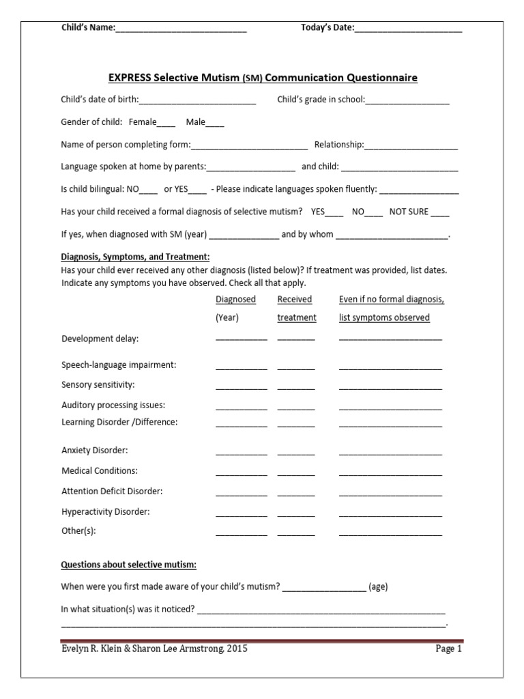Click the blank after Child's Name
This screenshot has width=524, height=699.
click(x=181, y=29)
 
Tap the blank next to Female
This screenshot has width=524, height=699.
click(x=166, y=124)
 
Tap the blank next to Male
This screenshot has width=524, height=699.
click(x=214, y=124)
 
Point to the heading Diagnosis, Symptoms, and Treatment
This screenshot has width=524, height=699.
click(x=135, y=257)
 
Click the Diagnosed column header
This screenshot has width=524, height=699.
click(x=235, y=299)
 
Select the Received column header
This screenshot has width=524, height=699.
click(x=295, y=299)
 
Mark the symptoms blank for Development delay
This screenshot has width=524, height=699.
click(x=390, y=339)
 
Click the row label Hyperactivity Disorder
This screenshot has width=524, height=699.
click(x=106, y=511)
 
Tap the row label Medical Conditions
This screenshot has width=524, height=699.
click(x=100, y=470)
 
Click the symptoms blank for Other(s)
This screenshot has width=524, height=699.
click(x=390, y=533)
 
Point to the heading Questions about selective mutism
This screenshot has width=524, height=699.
click(x=129, y=565)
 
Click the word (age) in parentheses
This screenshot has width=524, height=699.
click(x=378, y=586)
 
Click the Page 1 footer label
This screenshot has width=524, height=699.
click(x=449, y=649)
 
